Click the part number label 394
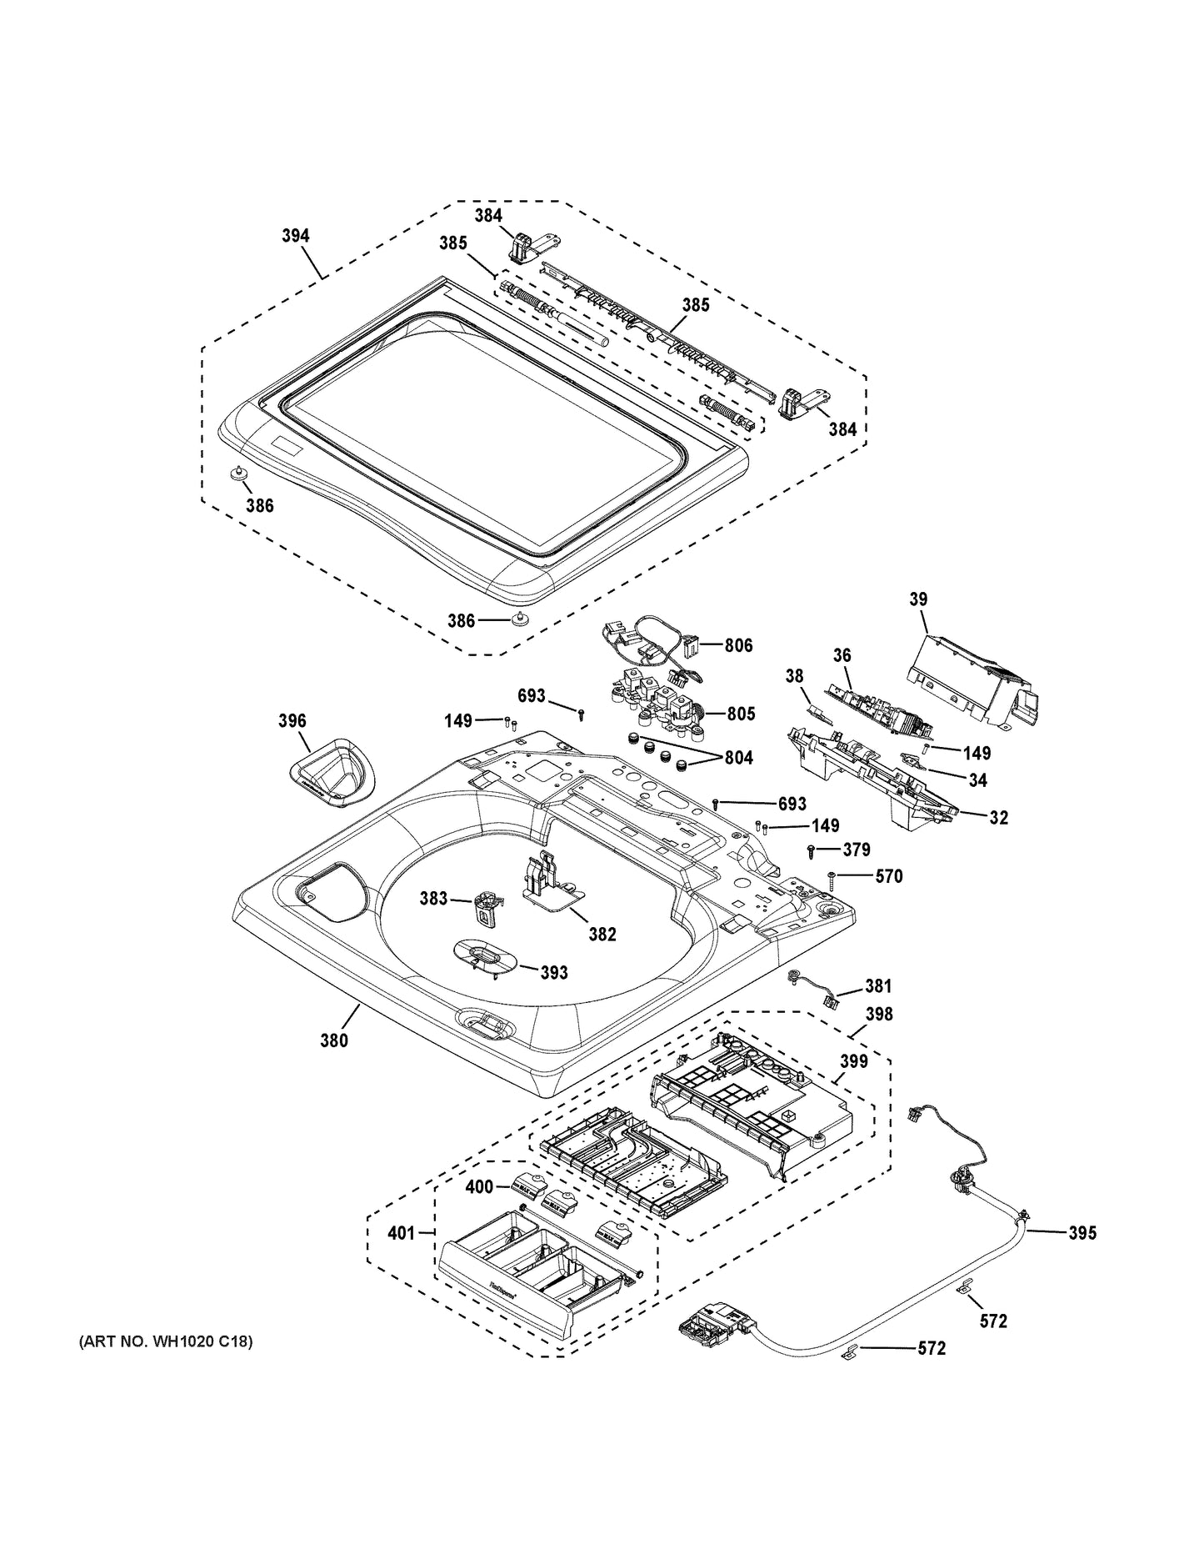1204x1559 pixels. [295, 236]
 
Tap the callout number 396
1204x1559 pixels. [292, 720]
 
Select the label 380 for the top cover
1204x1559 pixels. [334, 1040]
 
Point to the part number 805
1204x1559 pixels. [741, 714]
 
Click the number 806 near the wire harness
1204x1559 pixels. [738, 644]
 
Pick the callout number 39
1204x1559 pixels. [918, 599]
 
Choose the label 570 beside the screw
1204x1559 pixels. [887, 876]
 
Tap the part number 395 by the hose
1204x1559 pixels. [1082, 1233]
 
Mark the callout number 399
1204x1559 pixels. [853, 1061]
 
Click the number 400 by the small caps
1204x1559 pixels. [479, 1186]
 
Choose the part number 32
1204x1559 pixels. [998, 818]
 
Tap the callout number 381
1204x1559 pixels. [877, 986]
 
